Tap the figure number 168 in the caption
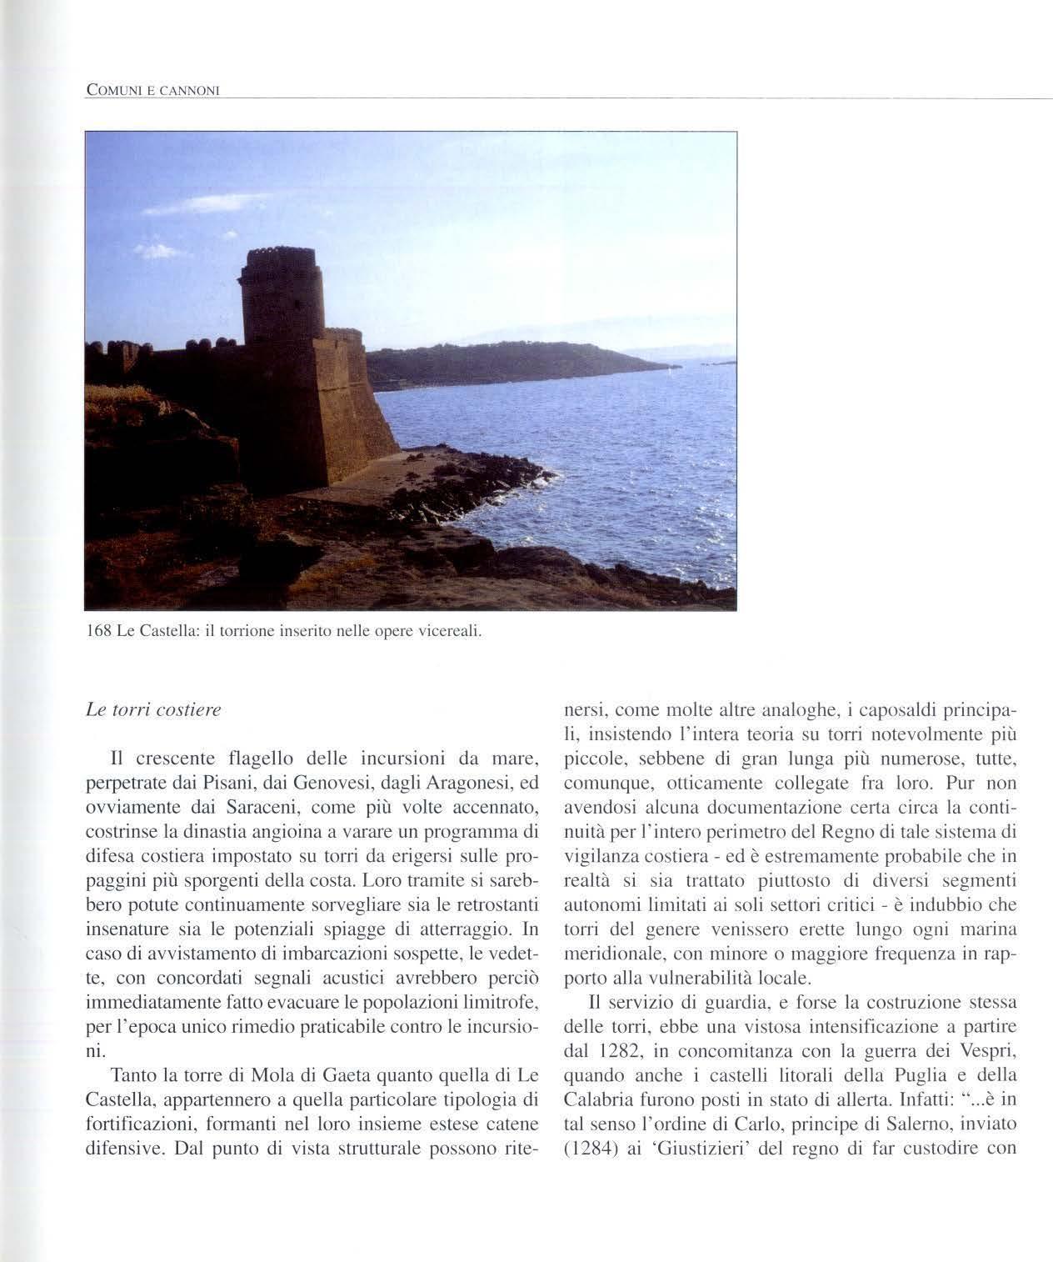pyautogui.click(x=99, y=631)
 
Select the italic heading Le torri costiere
pyautogui.click(x=153, y=711)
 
